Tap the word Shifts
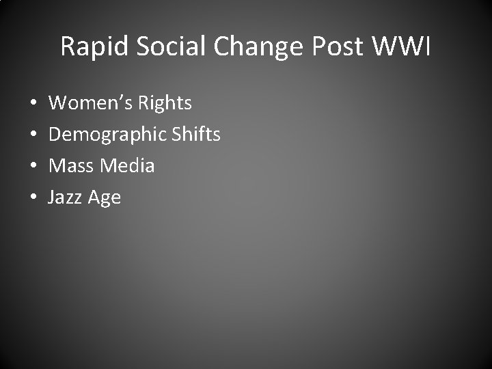point(195,134)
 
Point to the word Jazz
point(65,197)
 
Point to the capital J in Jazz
point(52,197)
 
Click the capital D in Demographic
point(55,134)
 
